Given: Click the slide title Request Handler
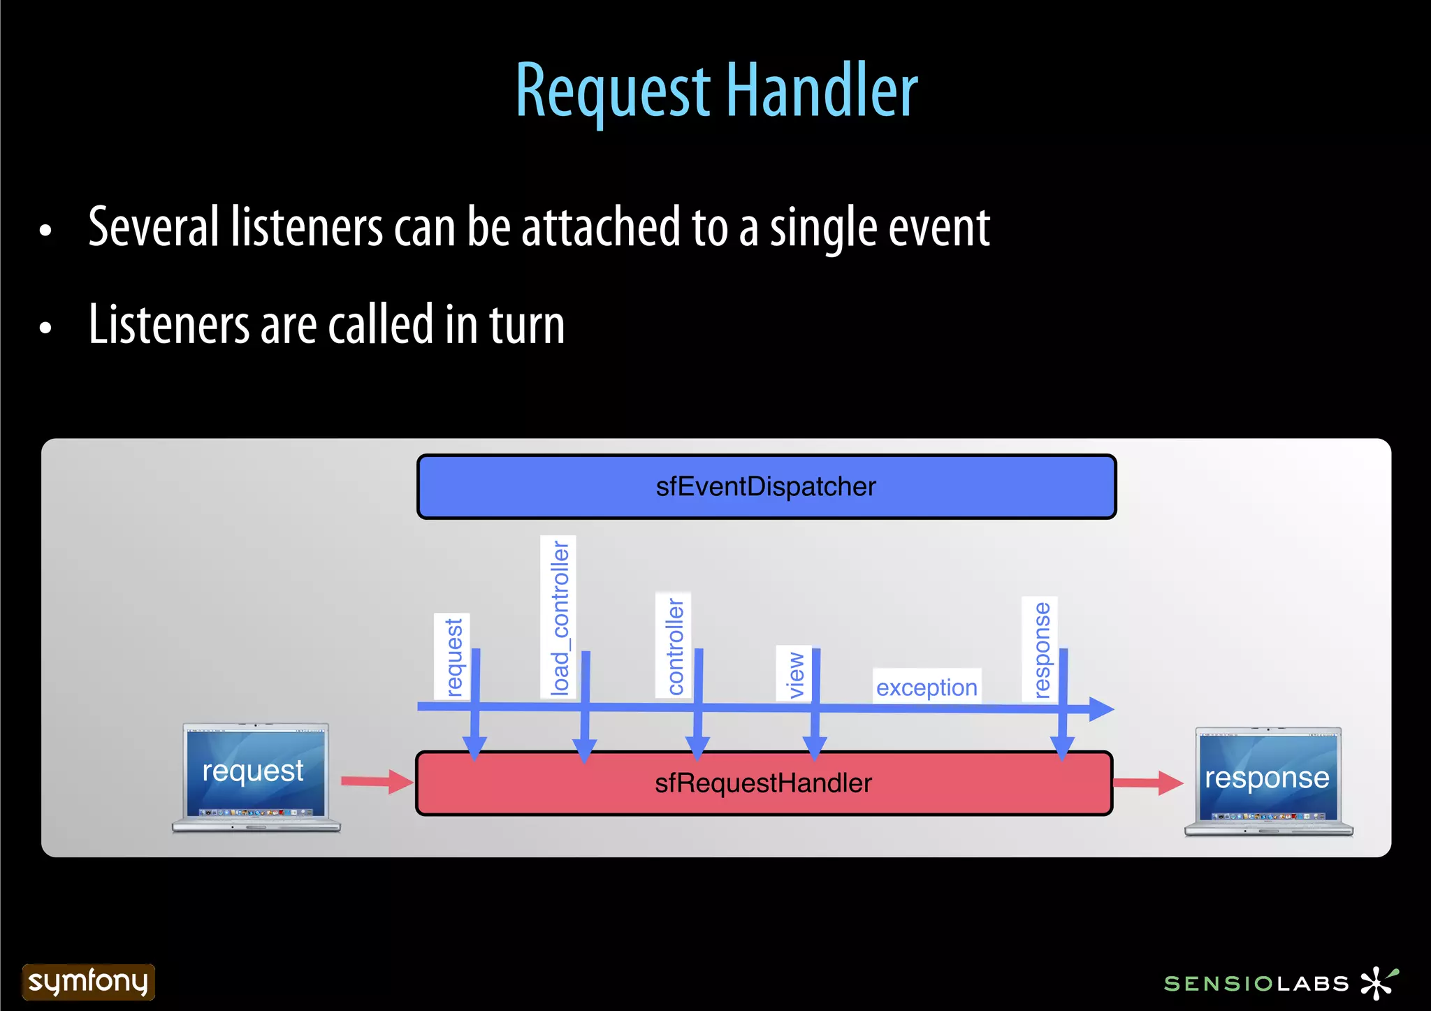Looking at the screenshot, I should tap(716, 91).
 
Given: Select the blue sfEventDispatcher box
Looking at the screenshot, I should tap(766, 486).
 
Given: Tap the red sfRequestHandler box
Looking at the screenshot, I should tap(763, 783).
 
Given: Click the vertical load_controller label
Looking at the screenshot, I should tap(559, 616).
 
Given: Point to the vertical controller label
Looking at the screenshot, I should tap(674, 646).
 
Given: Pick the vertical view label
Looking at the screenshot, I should tap(794, 674).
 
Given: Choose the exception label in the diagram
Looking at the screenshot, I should tap(927, 688).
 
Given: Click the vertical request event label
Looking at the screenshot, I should tap(453, 656).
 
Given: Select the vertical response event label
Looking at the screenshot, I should tap(1040, 649).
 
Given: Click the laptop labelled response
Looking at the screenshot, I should tap(1268, 781).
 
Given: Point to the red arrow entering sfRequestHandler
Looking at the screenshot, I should tap(377, 781).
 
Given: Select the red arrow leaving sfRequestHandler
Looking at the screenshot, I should tap(1147, 783).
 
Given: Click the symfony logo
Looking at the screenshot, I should tap(88, 982).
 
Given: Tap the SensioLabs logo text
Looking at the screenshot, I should tap(1256, 984).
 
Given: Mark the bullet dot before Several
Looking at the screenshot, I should tap(46, 230).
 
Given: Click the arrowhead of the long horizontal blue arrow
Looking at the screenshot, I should tap(1101, 708).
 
